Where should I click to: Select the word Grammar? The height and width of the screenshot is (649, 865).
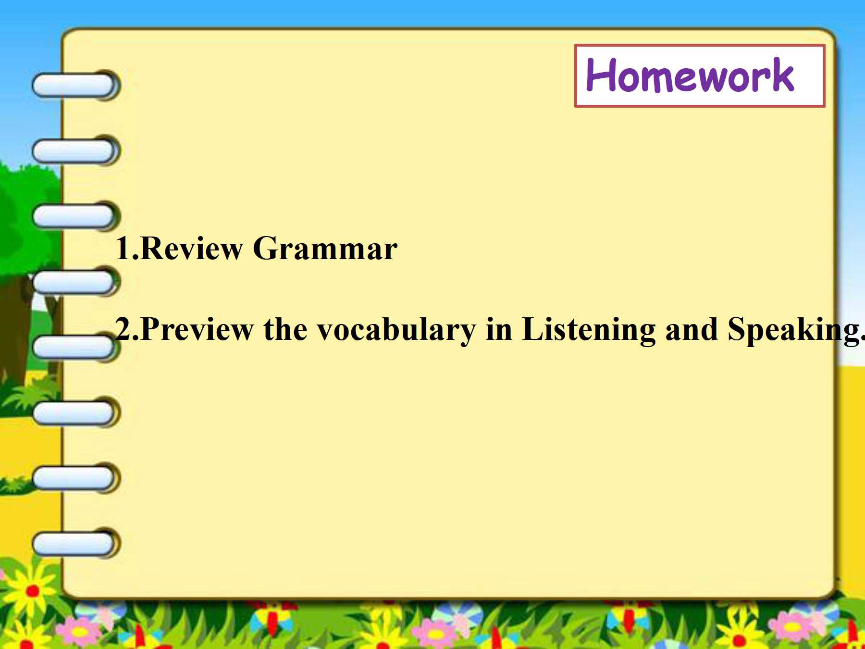click(x=325, y=249)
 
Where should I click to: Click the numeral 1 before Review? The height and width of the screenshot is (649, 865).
click(x=123, y=248)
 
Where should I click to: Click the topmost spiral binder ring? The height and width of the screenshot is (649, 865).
click(x=76, y=85)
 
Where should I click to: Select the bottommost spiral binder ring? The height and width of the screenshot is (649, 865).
click(x=76, y=543)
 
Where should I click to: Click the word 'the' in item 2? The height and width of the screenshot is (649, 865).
click(x=285, y=329)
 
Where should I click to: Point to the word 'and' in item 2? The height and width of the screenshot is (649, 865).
click(x=692, y=329)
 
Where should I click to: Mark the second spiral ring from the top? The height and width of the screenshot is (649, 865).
click(x=76, y=150)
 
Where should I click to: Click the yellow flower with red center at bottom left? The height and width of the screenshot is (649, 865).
click(x=32, y=590)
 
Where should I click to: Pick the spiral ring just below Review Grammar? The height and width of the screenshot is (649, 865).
click(x=76, y=282)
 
